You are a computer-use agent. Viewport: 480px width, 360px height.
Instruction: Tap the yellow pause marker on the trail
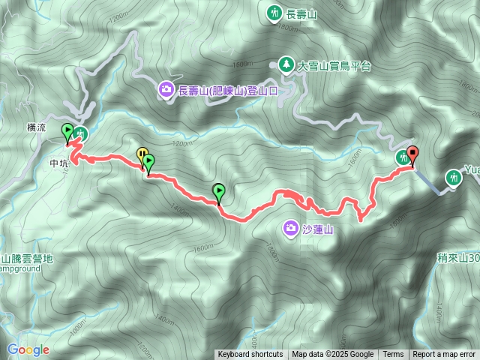[x=141, y=155]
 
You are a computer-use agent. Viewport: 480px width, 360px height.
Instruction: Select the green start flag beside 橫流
[x=67, y=131]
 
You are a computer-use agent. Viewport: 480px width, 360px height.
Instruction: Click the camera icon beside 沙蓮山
[x=291, y=228]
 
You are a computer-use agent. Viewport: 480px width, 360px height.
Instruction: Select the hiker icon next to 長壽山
[x=271, y=12]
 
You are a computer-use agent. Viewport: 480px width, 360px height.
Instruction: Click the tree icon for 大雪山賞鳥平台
[x=286, y=65]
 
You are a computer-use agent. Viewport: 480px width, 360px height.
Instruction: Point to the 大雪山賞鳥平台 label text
[x=334, y=66]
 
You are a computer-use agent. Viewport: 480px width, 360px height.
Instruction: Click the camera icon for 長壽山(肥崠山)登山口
[x=165, y=91]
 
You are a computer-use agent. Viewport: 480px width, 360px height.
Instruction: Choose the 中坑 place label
[x=58, y=161]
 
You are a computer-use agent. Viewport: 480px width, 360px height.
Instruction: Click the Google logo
[x=28, y=349]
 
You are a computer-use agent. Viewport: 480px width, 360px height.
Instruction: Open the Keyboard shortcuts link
[x=250, y=355]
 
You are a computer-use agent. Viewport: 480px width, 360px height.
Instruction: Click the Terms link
[x=393, y=355]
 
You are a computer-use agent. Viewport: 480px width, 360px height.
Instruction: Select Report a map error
[x=444, y=355]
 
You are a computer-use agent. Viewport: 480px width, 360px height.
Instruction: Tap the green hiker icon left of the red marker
[x=403, y=157]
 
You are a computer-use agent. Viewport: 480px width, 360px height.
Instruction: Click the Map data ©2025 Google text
[x=333, y=355]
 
